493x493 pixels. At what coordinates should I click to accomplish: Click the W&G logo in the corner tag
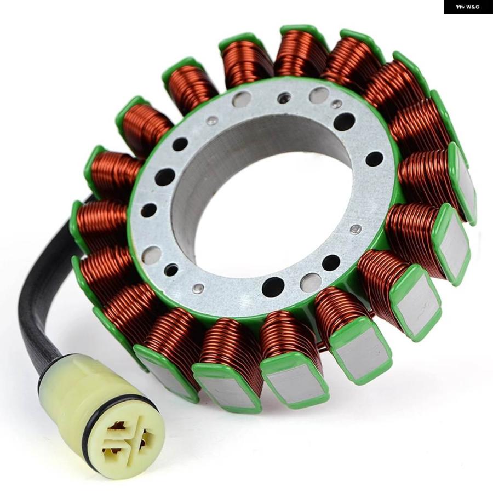(x=468, y=7)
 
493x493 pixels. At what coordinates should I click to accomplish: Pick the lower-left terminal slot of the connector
(x=112, y=448)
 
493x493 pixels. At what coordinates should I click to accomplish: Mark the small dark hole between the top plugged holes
(x=284, y=99)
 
